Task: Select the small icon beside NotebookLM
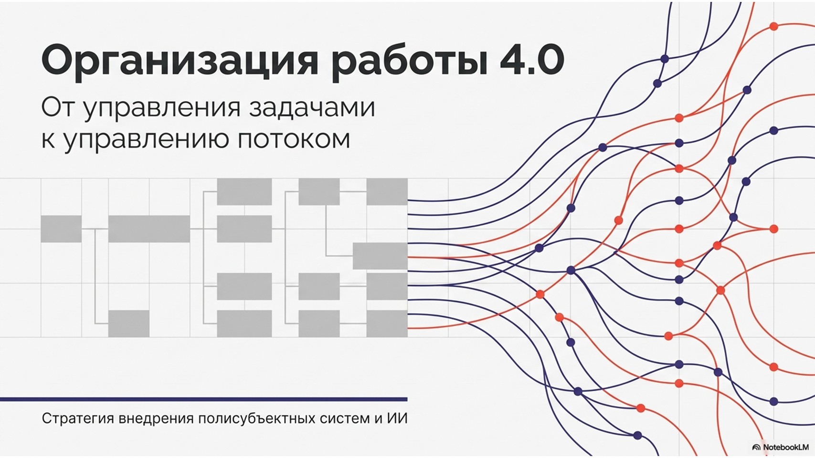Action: (x=757, y=448)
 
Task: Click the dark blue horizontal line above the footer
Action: (x=203, y=399)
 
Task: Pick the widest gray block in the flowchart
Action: (x=149, y=229)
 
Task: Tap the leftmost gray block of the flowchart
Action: (x=61, y=229)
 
